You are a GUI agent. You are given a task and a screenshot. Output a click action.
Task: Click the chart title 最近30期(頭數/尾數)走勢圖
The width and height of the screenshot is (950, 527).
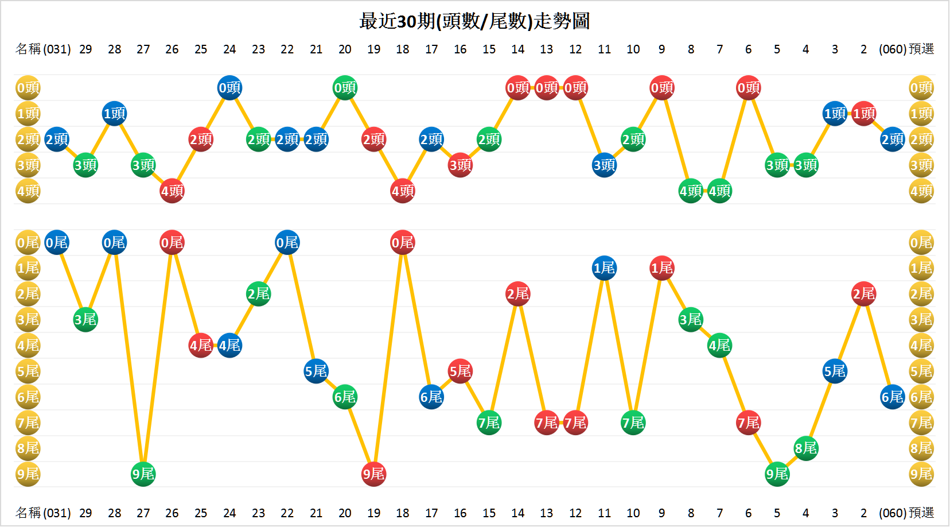[474, 21]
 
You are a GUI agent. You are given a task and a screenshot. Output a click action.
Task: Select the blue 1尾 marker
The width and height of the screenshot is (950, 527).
[604, 268]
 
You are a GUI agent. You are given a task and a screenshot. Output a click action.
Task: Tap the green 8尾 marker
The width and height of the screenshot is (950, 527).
[806, 448]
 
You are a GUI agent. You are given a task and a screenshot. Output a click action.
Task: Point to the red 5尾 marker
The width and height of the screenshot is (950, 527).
[460, 371]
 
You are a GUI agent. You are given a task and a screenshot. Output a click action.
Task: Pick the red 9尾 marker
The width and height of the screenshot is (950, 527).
[373, 474]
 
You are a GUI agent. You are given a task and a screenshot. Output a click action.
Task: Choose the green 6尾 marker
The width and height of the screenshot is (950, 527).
[345, 397]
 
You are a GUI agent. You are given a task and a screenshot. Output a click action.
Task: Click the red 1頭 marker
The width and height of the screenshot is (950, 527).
[863, 114]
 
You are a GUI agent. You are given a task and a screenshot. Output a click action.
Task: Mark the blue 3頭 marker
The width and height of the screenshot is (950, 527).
[604, 165]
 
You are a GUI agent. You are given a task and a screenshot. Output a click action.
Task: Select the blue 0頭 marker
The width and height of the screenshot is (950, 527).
[229, 88]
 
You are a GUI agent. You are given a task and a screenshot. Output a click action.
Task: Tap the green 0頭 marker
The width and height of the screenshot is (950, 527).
[345, 88]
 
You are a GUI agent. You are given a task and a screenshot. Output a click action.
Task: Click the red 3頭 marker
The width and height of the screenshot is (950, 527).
[460, 165]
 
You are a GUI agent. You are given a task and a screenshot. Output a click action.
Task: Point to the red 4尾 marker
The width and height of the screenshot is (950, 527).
[201, 346]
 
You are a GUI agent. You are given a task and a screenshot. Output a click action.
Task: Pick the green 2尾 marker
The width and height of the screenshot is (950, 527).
[258, 294]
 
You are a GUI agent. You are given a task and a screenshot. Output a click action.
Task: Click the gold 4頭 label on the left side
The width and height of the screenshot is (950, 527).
[28, 191]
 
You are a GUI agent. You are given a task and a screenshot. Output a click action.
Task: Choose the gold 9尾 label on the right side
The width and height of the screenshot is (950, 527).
[921, 474]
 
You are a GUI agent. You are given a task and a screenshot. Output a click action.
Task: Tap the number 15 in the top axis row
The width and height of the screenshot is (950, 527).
[489, 49]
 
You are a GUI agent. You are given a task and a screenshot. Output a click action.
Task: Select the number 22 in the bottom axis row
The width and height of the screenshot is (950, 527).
[287, 513]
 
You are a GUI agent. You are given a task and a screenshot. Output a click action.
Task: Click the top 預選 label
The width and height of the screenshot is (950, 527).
[921, 49]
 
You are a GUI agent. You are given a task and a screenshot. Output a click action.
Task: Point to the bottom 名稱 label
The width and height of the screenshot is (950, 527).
[28, 513]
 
